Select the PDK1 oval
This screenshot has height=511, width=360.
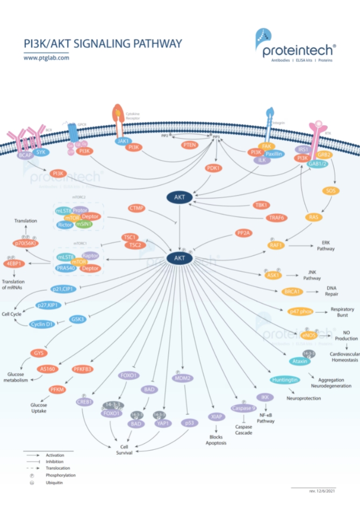pyautogui.click(x=214, y=168)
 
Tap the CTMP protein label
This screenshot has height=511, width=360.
pyautogui.click(x=137, y=207)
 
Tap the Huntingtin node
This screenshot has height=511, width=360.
pyautogui.click(x=284, y=380)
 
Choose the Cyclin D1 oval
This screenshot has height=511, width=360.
pyautogui.click(x=42, y=324)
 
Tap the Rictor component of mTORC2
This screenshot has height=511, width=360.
pyautogui.click(x=64, y=225)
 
